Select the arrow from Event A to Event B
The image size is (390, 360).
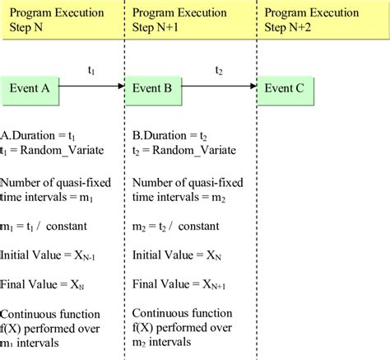pos(92,86)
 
